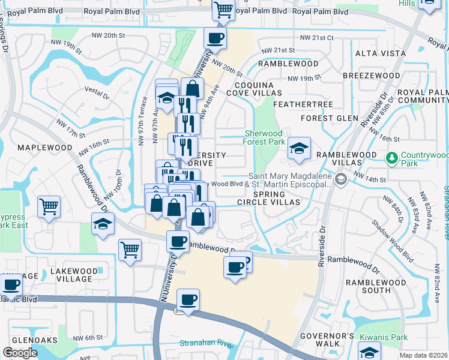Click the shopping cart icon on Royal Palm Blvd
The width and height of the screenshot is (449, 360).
(223, 10)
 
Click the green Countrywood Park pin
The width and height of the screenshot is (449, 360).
(392, 157)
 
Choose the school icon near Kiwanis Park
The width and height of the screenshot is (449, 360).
(369, 352)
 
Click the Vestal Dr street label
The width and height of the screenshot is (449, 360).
(97, 92)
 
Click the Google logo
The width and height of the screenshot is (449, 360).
(20, 353)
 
